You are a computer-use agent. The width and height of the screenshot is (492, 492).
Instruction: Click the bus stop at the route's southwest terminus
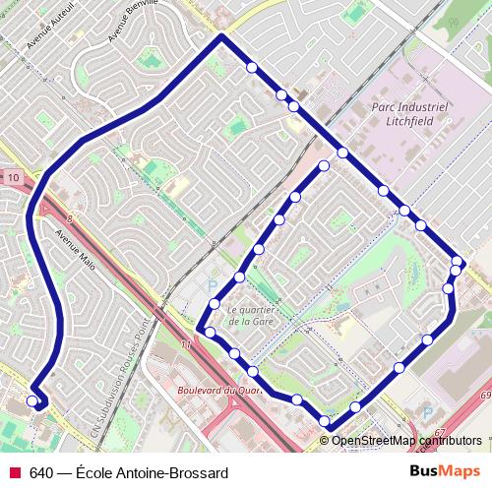pos(32,401)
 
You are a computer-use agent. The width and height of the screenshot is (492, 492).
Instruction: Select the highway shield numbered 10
pos(12,176)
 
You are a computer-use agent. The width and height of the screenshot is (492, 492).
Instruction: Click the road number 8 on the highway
pos(71,222)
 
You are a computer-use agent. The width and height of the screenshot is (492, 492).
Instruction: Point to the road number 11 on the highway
pos(185,344)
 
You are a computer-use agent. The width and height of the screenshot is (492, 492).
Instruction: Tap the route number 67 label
pos(439,433)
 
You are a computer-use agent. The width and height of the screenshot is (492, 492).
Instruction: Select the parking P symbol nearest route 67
pos(426,413)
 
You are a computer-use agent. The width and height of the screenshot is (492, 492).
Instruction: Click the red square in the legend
pos(14,473)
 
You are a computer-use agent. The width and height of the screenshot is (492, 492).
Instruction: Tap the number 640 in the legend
pos(41,473)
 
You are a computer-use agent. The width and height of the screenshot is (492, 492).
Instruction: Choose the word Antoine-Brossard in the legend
pos(173,473)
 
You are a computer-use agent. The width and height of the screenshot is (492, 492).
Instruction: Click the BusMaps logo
pos(445,472)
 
